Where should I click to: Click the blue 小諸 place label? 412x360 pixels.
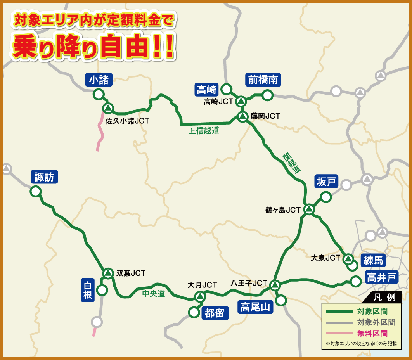click(99, 80)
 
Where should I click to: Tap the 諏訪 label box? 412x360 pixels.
click(44, 177)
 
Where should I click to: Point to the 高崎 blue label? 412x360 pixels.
click(207, 90)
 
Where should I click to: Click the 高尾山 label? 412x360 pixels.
click(255, 307)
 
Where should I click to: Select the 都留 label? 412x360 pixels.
click(215, 313)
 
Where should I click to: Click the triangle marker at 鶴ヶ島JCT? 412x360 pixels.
click(309, 210)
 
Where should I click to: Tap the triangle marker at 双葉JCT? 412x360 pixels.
click(107, 273)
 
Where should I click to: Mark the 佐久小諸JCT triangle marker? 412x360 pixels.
click(108, 108)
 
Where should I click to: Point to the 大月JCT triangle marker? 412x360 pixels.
click(200, 297)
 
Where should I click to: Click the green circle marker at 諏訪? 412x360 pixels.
click(36, 191)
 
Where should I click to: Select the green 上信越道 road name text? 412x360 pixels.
click(204, 131)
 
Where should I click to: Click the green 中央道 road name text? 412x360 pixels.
click(154, 294)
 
